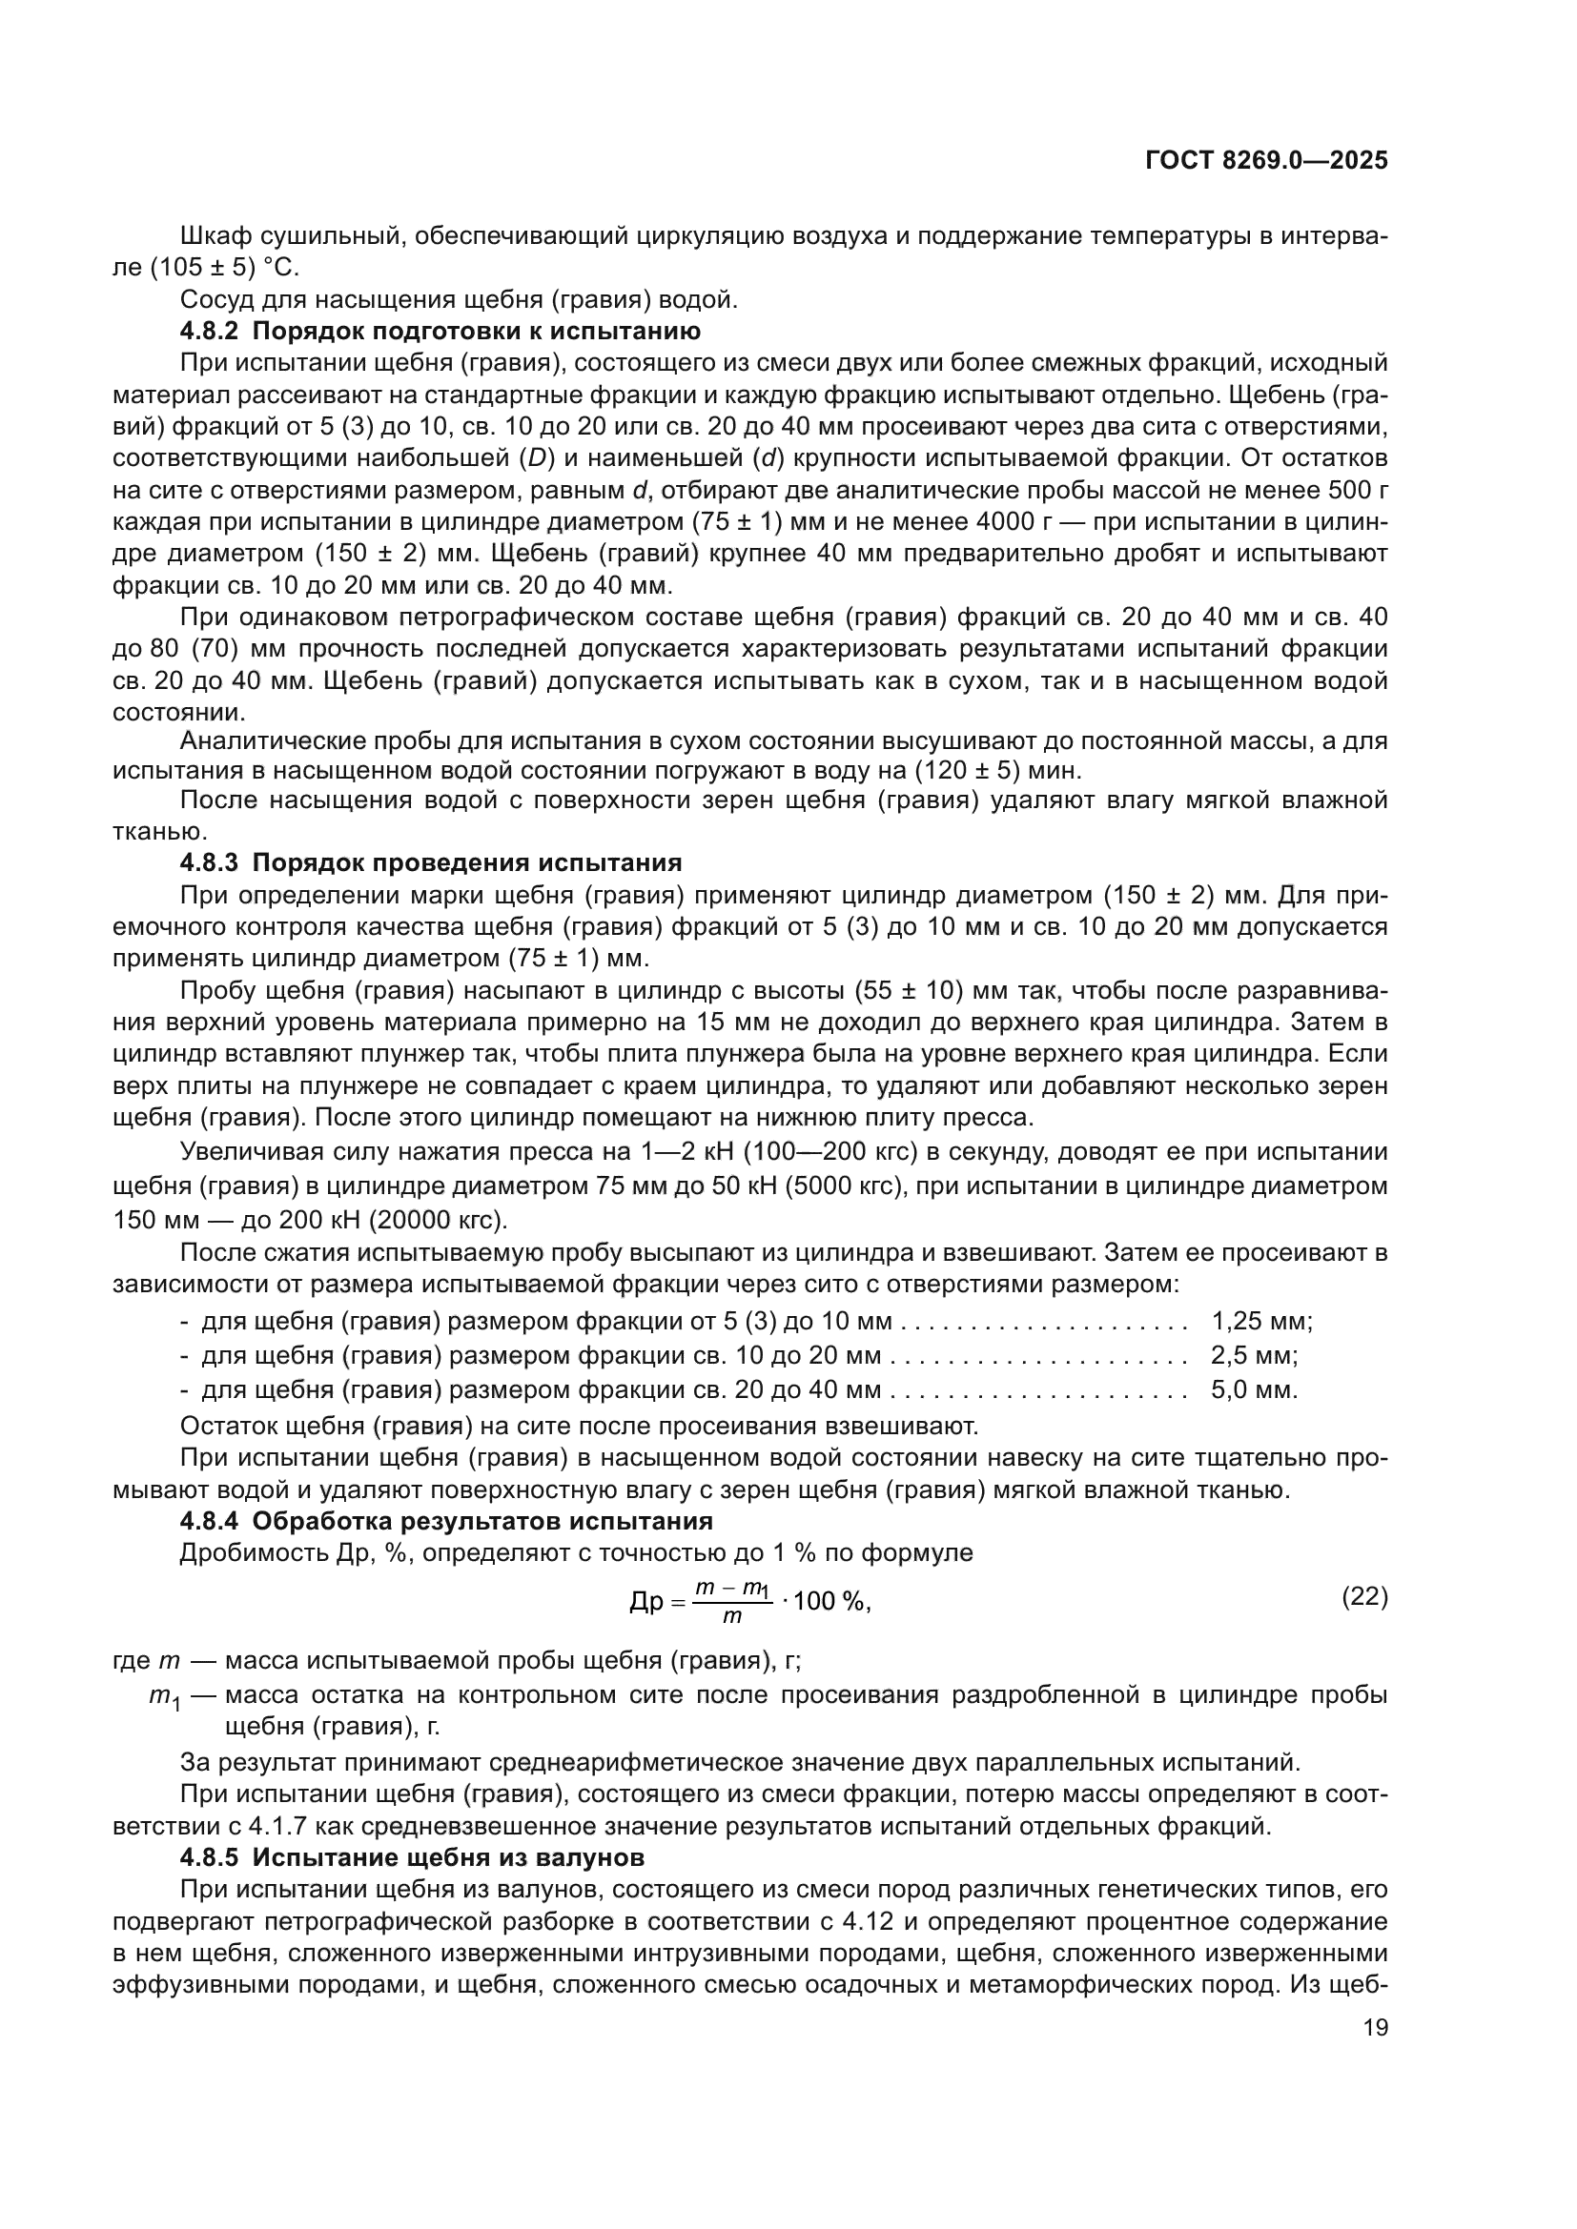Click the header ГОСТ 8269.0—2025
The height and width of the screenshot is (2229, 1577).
point(1266,161)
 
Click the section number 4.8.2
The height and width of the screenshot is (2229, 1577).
point(209,331)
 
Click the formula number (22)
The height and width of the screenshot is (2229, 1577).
point(1364,1596)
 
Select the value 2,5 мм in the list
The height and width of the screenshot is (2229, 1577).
point(1254,1355)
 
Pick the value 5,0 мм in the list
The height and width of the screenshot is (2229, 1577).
point(1254,1389)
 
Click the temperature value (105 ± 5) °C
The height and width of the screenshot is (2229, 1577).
point(224,267)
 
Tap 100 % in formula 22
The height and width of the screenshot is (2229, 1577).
point(831,1602)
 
